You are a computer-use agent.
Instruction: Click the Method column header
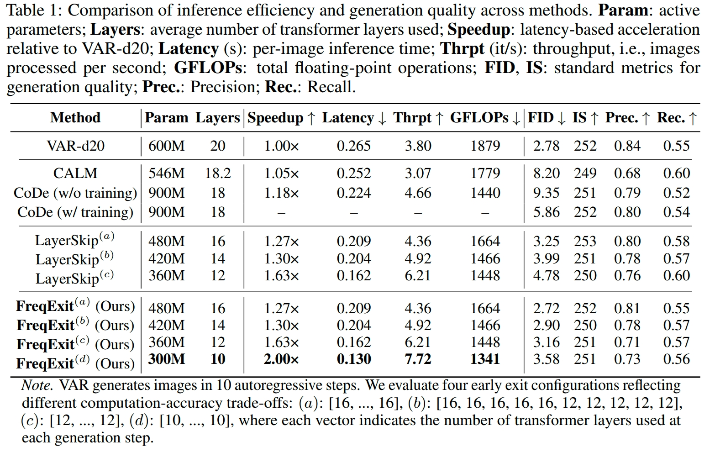pos(75,118)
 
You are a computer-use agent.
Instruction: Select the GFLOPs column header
pos(479,118)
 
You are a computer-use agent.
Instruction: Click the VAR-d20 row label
pos(75,146)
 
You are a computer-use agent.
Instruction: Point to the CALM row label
pos(75,173)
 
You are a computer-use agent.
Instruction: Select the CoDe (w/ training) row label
pos(75,212)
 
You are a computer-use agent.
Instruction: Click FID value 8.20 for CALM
pos(546,173)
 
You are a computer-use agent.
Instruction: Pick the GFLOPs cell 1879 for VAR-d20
pos(485,146)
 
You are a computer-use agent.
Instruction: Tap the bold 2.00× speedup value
pos(281,359)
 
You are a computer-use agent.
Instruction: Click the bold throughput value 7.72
pos(418,359)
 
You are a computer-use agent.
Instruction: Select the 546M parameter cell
pos(167,173)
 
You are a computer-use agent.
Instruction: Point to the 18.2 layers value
pos(218,173)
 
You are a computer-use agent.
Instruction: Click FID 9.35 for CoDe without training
pos(546,193)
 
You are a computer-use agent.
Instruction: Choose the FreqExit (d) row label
pos(75,363)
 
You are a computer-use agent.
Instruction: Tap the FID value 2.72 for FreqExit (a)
pos(546,309)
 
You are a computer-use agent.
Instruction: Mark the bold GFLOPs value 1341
pos(485,359)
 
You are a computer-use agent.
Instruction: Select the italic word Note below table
pos(37,385)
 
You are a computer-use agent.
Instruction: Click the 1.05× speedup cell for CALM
pos(281,173)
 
